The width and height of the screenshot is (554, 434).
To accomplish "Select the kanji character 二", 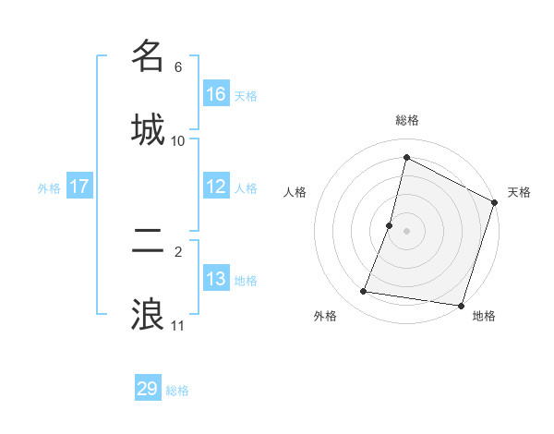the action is [x=148, y=241].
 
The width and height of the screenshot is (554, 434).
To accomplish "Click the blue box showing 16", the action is [x=216, y=94].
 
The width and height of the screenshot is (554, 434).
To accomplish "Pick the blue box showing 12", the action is [x=216, y=187].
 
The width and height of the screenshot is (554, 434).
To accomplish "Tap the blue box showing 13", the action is [x=216, y=279].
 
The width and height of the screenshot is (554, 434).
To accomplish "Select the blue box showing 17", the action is [x=79, y=187].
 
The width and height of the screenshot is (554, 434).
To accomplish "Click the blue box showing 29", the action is [x=148, y=389].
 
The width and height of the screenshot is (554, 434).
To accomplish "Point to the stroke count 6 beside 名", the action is [x=178, y=67].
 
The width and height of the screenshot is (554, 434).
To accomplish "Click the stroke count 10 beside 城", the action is [x=178, y=140].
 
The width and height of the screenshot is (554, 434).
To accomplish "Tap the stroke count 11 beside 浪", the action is [x=178, y=326].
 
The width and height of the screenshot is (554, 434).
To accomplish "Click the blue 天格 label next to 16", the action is [x=246, y=95].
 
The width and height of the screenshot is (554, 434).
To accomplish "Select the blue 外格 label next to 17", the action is [x=49, y=187].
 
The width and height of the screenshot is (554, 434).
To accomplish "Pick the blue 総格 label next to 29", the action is [x=177, y=391].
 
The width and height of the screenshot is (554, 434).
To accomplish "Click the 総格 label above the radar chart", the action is [x=406, y=120].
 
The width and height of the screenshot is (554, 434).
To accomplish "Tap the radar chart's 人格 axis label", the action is [x=295, y=192].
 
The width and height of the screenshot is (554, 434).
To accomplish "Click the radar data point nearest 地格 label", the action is [x=460, y=305].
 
